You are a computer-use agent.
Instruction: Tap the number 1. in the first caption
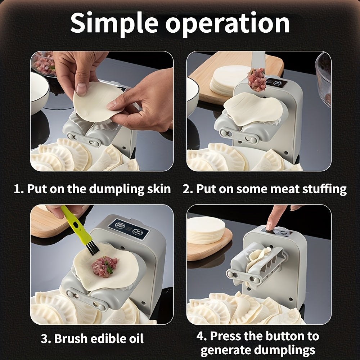19,189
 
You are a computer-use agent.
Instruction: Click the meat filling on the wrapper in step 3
104,266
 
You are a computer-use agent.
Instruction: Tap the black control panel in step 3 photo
129,229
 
